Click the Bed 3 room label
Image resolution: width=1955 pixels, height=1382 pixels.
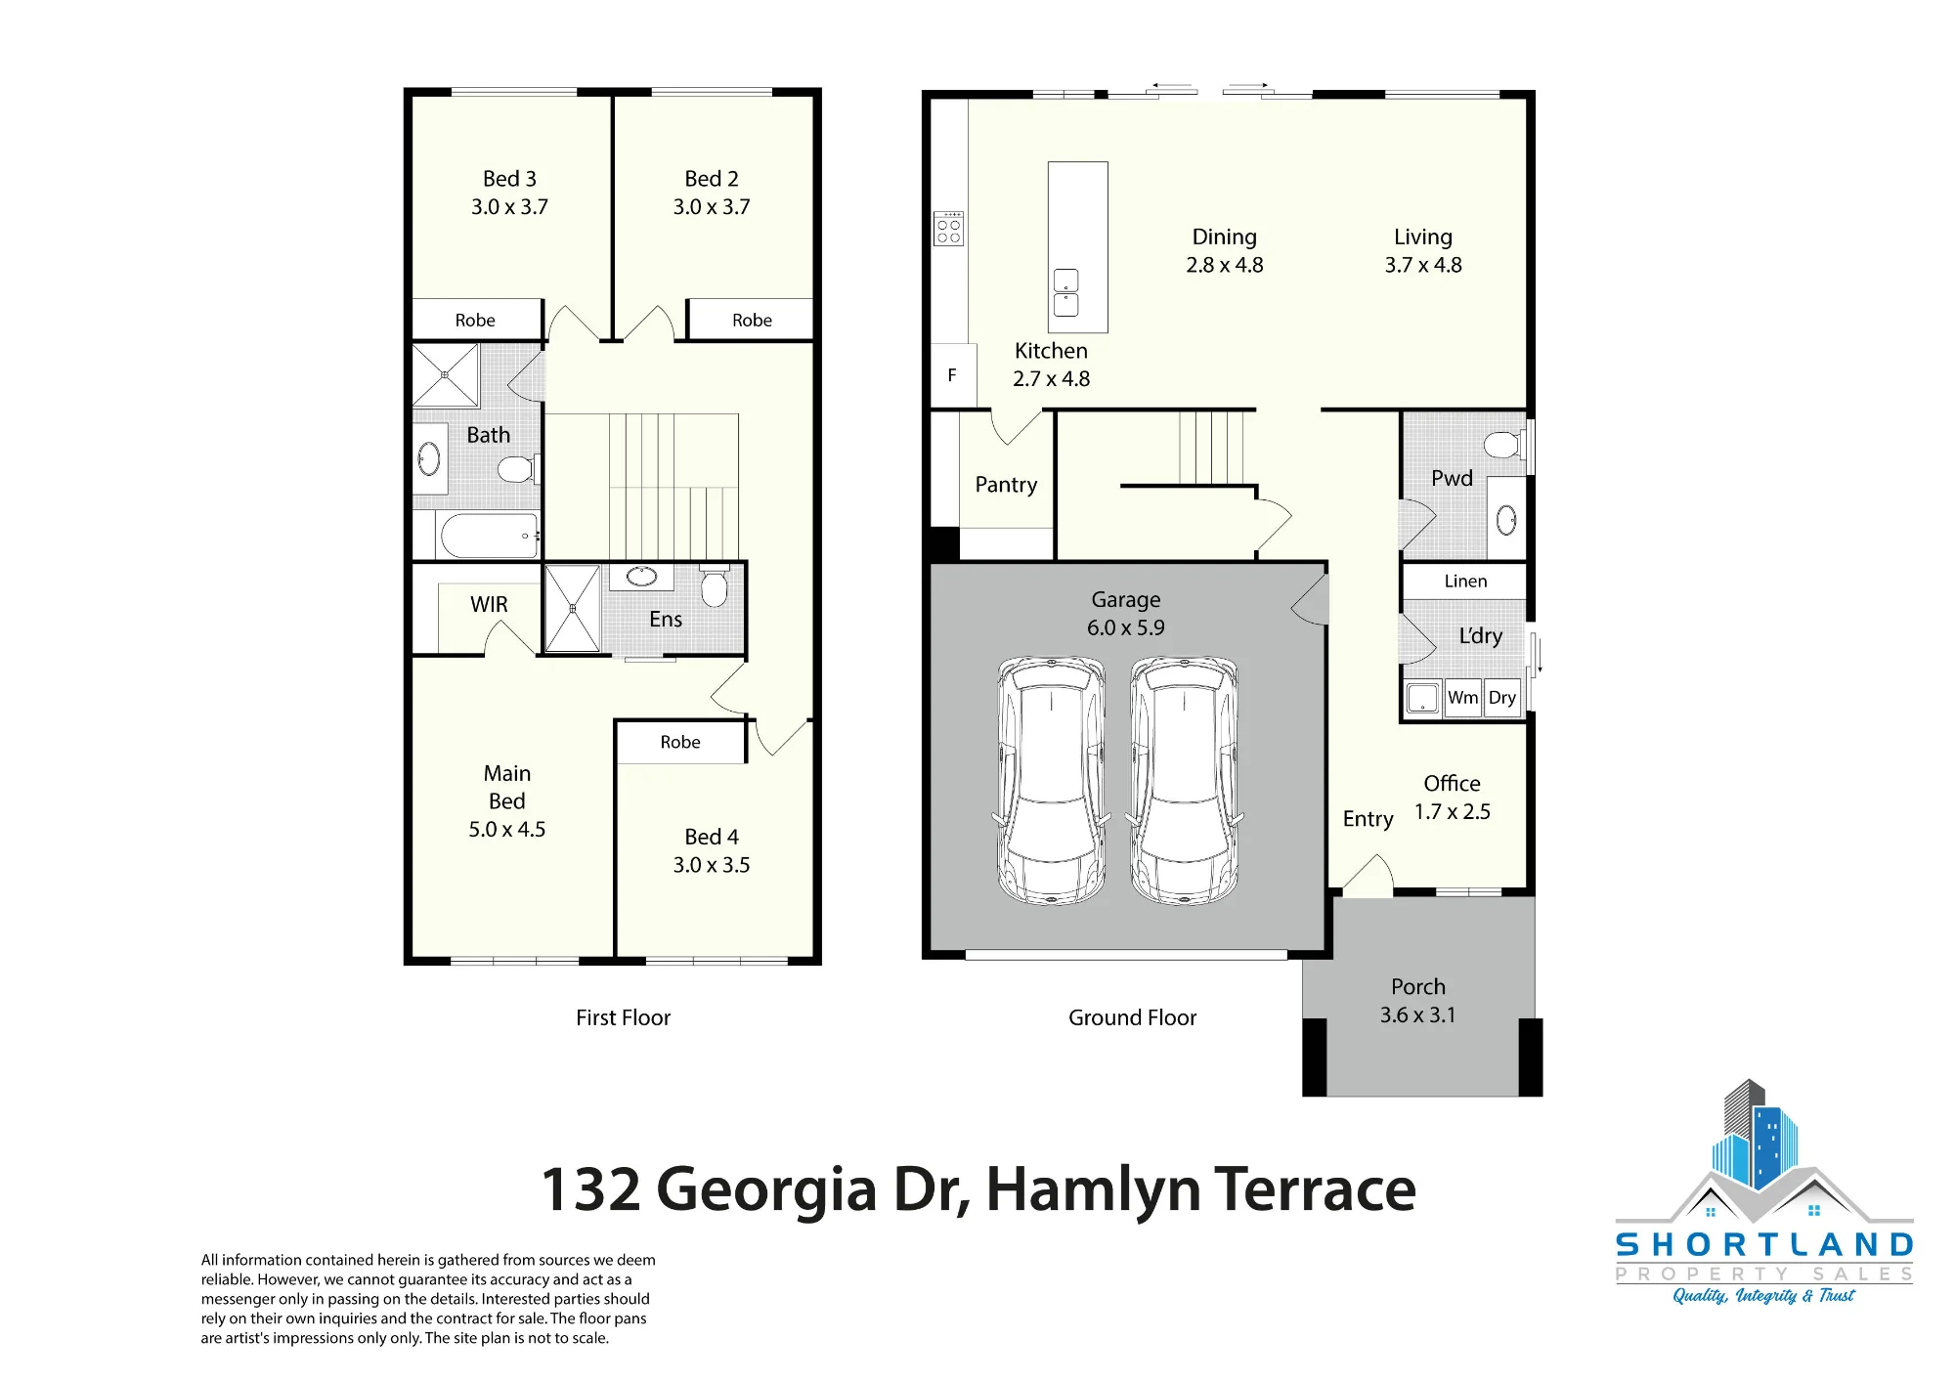pos(509,179)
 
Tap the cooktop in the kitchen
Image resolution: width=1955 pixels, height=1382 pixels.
pos(948,228)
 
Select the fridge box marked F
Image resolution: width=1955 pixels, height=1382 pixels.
pos(953,375)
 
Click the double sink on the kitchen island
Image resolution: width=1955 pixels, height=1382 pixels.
pos(1065,292)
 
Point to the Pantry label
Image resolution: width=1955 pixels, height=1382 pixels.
pos(1006,485)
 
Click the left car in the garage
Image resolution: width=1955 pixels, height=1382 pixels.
pos(1051,780)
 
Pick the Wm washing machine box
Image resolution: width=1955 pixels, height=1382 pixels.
pos(1462,698)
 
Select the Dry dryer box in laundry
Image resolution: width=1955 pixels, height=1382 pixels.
pos(1502,698)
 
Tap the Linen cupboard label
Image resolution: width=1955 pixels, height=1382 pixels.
pos(1465,581)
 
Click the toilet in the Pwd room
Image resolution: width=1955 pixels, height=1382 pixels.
pos(1502,446)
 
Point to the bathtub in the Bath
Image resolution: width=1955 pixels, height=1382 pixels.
pos(489,536)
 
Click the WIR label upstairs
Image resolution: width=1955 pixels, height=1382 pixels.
pos(489,604)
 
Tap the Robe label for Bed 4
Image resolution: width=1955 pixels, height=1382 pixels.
pos(680,742)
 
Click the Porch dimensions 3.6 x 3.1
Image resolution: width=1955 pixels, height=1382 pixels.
pos(1417,1015)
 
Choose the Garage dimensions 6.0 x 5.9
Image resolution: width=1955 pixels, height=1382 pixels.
pos(1126,627)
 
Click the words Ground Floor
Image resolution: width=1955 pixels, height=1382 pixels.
pos(1132,1017)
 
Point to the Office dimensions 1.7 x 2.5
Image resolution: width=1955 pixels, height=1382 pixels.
pos(1453,812)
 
